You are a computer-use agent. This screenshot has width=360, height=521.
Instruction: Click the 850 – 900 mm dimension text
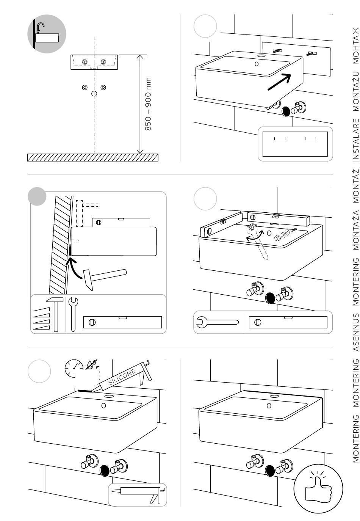[x=148, y=104]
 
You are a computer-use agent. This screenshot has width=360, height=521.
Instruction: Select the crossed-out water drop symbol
[x=91, y=364]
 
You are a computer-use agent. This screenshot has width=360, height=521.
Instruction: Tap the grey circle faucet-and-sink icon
[x=47, y=34]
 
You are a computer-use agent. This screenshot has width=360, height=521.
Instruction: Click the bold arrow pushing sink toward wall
[x=279, y=82]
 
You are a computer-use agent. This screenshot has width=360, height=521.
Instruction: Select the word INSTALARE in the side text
[x=356, y=140]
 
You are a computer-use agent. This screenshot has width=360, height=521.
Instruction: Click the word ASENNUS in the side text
[x=356, y=333]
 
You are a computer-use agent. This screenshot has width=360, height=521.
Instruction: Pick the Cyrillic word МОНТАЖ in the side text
[x=356, y=46]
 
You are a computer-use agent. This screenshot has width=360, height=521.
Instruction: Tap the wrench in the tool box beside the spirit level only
[x=217, y=322]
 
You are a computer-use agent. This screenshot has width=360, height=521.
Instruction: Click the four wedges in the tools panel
[x=41, y=319]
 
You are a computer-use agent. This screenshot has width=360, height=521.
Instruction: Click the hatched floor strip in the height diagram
[x=93, y=157]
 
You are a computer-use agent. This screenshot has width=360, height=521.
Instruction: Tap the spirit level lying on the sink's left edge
[x=221, y=224]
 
